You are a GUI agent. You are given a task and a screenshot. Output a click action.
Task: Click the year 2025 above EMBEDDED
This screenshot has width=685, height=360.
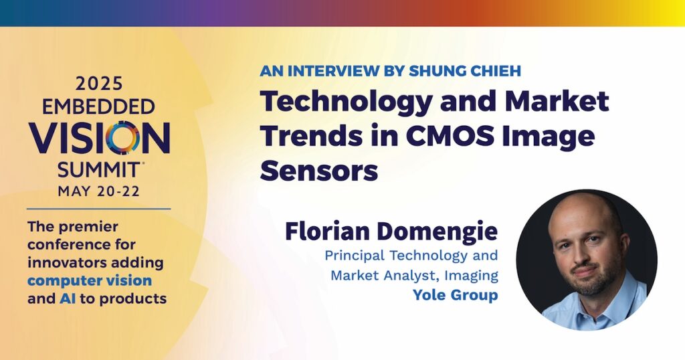(99, 84)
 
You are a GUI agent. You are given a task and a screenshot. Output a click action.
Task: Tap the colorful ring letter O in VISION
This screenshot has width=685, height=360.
(123, 138)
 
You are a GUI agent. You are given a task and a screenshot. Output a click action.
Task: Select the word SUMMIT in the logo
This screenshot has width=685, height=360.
(99, 169)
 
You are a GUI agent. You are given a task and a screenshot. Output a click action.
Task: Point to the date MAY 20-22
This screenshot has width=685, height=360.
(99, 191)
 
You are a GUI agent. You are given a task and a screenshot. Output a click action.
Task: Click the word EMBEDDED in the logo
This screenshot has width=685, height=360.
(99, 106)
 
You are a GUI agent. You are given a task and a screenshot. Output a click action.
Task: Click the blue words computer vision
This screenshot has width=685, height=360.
(90, 280)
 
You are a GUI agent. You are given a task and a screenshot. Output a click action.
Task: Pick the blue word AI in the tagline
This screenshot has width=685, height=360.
(64, 298)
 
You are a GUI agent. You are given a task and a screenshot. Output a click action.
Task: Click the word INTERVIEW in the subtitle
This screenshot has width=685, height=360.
(332, 71)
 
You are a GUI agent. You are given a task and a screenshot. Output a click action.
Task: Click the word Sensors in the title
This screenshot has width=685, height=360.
(319, 171)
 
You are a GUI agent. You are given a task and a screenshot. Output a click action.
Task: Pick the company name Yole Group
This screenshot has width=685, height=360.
(455, 295)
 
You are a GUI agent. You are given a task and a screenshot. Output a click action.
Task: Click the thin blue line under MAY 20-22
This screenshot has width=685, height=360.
(99, 209)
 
